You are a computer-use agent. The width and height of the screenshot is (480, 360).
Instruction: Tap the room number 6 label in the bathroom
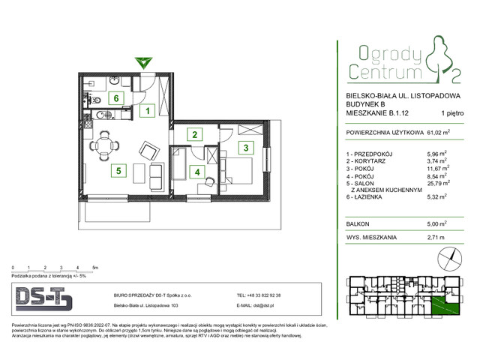[116, 97]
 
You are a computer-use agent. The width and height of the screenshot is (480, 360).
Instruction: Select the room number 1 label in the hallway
[149, 112]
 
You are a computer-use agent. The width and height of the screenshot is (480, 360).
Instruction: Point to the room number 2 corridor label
[195, 135]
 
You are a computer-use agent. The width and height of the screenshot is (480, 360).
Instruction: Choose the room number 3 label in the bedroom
[244, 148]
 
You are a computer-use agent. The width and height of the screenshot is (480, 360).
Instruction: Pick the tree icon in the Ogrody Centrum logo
[436, 61]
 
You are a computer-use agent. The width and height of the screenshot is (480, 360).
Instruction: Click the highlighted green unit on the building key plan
[449, 304]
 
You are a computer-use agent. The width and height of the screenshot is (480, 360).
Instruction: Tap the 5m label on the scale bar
[94, 266]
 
